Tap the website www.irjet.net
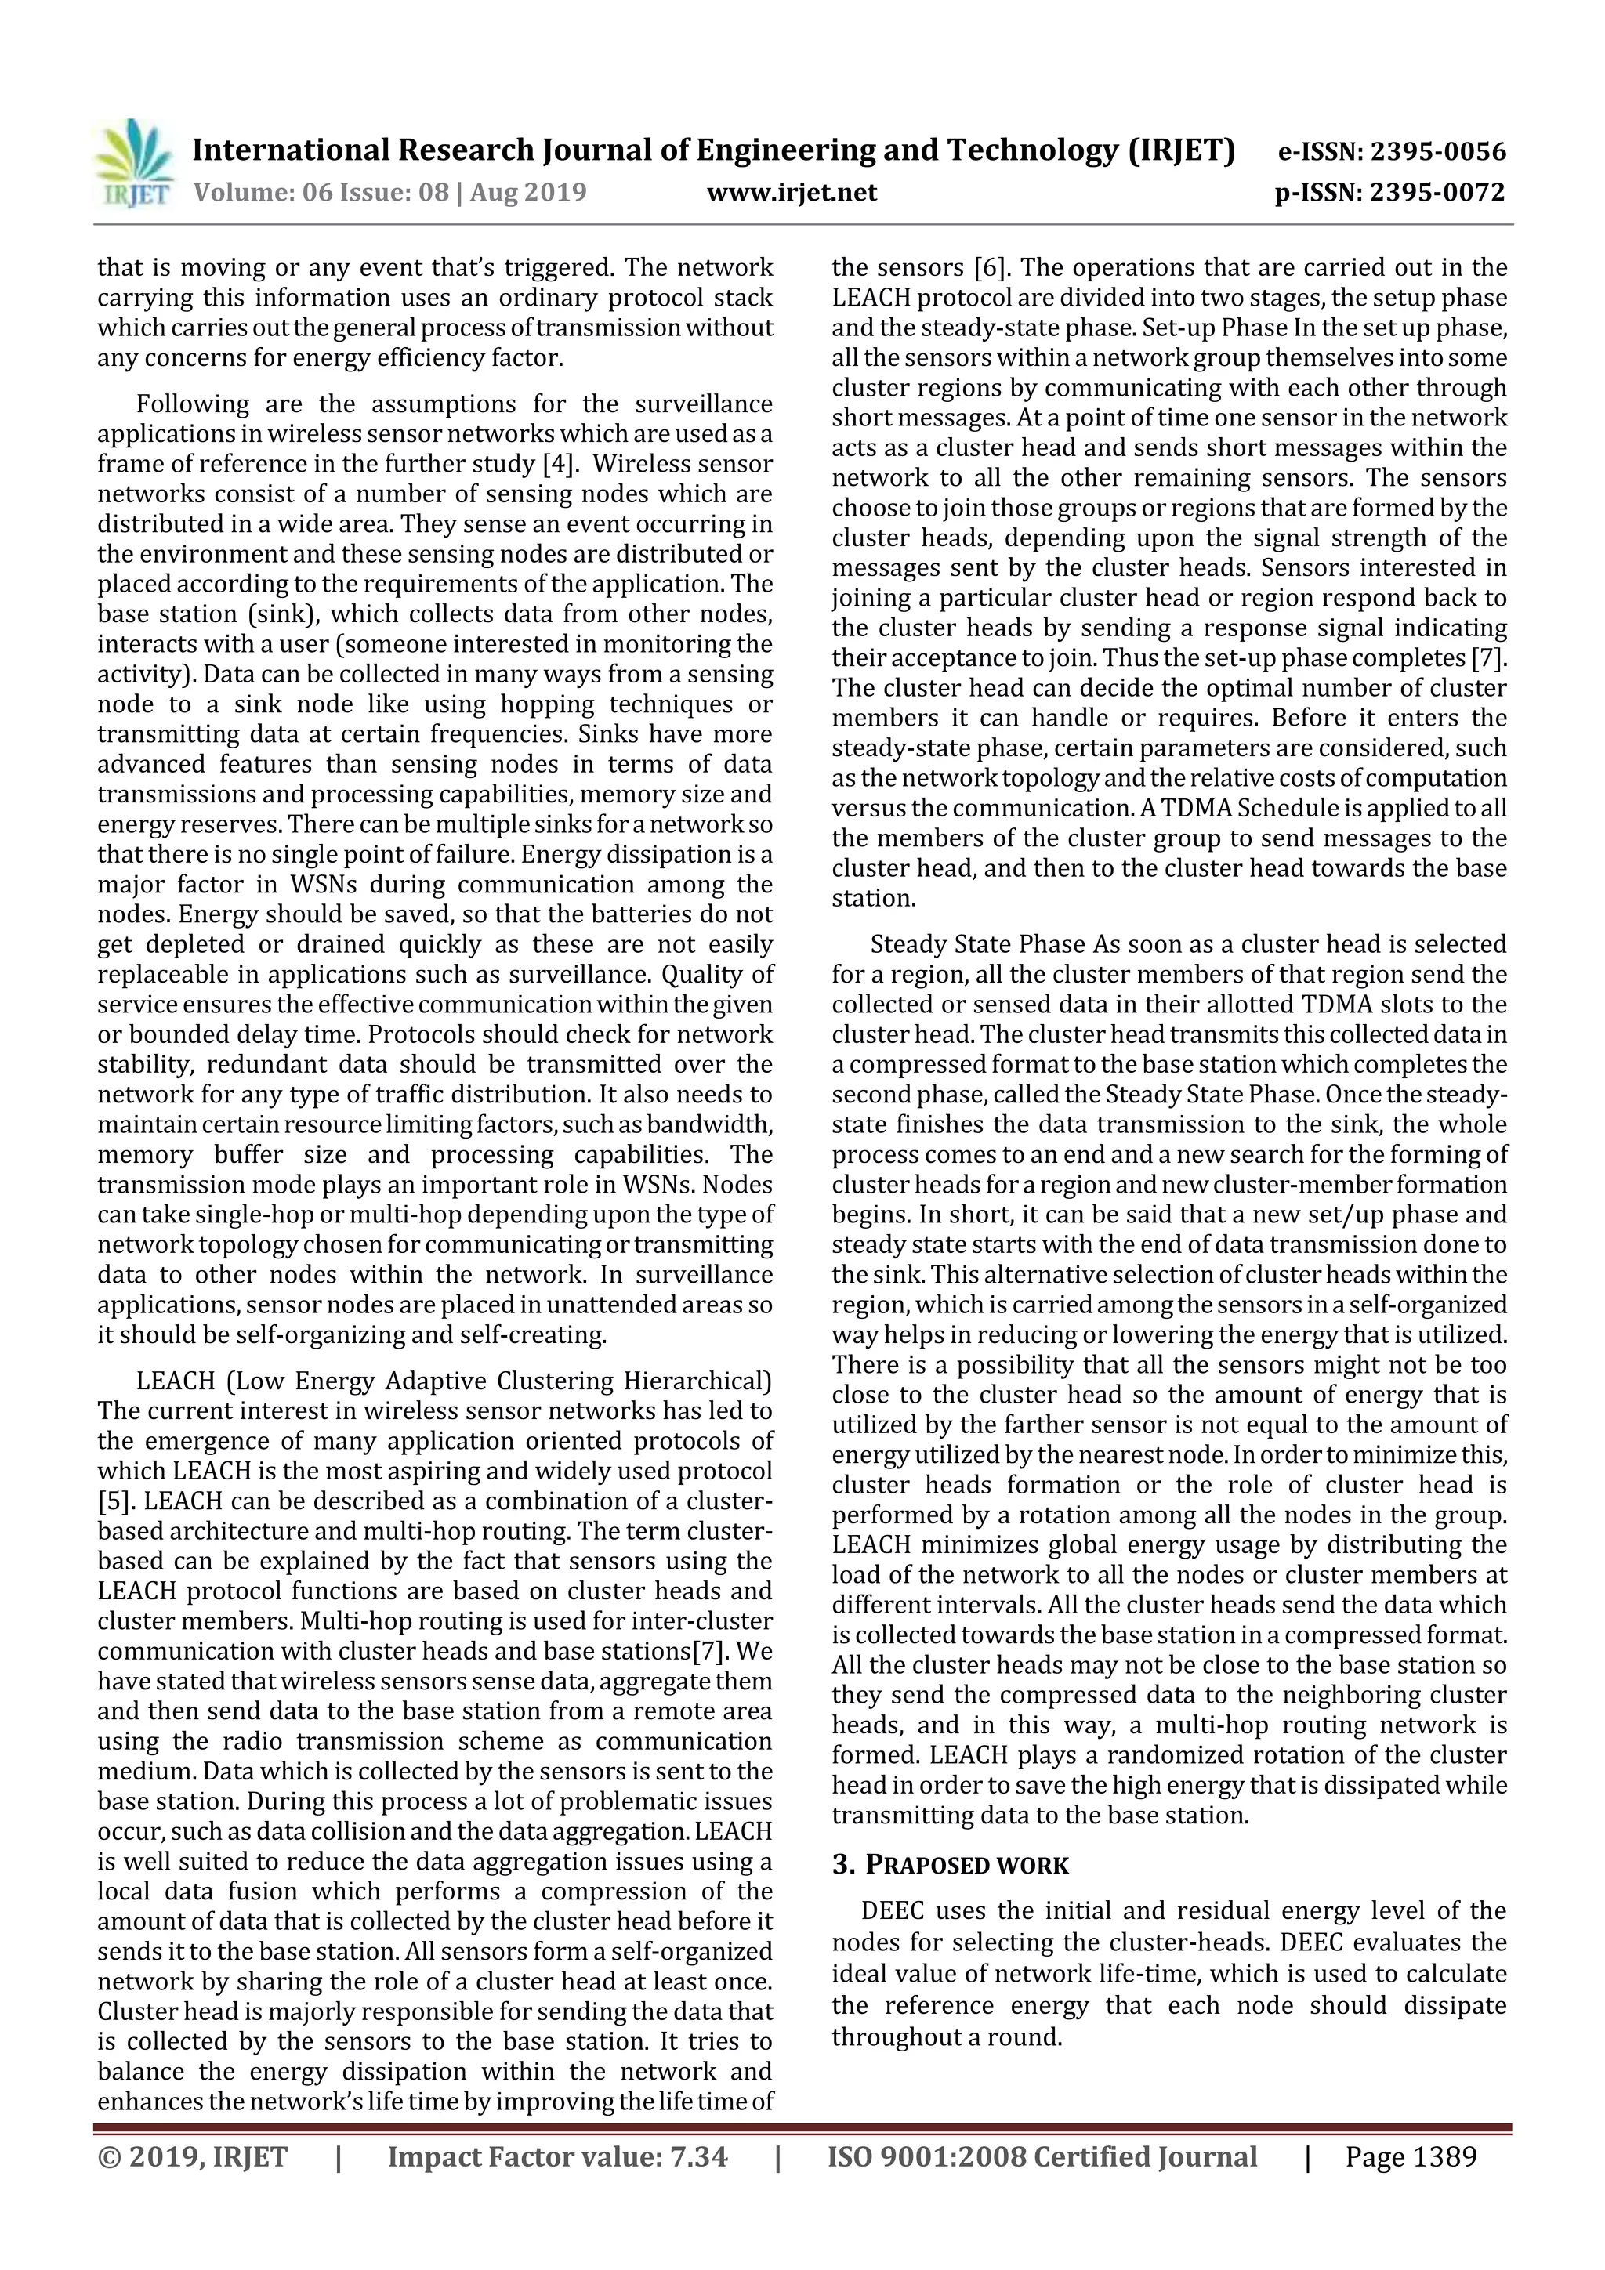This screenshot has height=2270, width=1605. (x=791, y=192)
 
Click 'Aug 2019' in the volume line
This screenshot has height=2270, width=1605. (x=528, y=192)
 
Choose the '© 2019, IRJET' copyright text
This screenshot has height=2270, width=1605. (x=193, y=2156)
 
